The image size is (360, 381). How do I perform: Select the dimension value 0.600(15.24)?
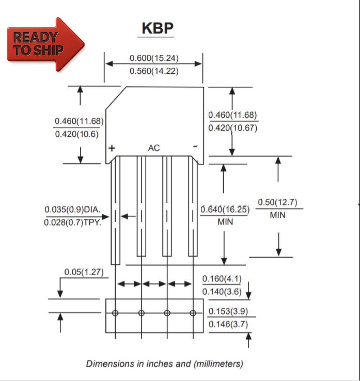tap(154, 58)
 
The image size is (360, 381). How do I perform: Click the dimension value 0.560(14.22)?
tap(154, 71)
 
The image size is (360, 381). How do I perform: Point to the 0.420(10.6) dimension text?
tap(77, 134)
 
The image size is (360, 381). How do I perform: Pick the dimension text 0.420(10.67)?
tap(233, 128)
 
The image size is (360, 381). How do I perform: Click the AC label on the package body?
tap(154, 148)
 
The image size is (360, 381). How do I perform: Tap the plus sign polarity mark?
tap(112, 148)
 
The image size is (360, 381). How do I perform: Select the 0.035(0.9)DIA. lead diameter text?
tap(72, 209)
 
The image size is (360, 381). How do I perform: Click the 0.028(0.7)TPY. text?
tap(72, 223)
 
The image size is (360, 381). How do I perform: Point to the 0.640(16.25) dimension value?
tap(225, 209)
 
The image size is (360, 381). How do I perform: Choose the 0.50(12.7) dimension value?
tap(277, 203)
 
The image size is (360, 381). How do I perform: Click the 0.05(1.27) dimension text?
tap(84, 272)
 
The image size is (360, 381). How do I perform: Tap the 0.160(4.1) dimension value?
tap(222, 278)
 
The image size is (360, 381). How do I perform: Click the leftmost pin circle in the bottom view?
tap(115, 313)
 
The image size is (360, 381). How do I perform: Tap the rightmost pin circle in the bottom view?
tap(193, 313)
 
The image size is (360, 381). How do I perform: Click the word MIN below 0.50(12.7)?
tap(277, 216)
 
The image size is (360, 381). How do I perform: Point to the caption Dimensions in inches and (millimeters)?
tap(165, 363)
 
